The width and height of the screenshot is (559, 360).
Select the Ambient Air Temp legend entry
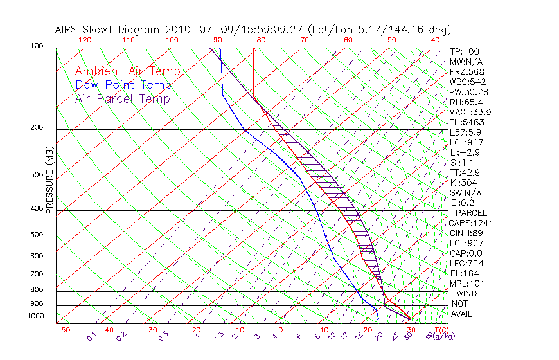point(127,71)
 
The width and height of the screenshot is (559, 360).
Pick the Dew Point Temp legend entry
point(123,85)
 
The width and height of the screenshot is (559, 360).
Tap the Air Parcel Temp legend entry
point(123,99)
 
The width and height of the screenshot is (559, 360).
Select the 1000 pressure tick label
point(36,316)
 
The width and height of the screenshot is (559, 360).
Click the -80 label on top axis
point(258,40)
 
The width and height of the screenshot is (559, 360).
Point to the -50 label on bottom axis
point(62,330)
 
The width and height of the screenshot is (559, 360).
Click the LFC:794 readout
point(466,264)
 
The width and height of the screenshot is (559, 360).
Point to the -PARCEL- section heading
point(471,213)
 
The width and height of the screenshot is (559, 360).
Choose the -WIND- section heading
point(467,294)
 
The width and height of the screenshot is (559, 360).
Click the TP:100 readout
point(465,52)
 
